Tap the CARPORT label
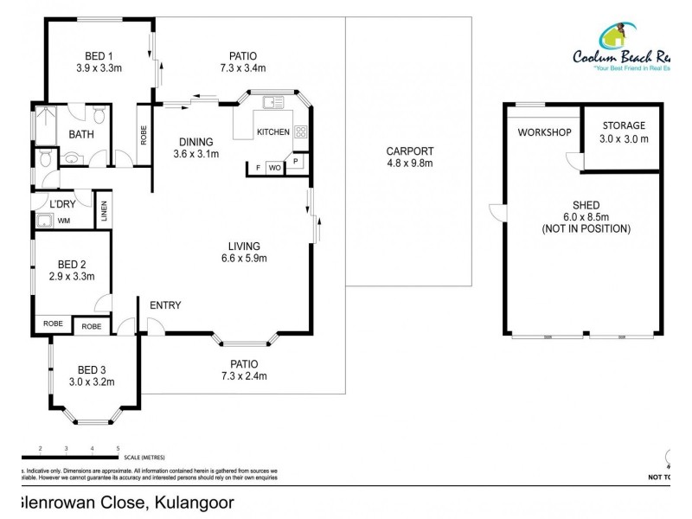point(409,151)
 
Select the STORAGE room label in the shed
point(623,125)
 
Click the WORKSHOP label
point(544,132)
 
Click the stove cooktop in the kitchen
point(302,132)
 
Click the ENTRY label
point(165,305)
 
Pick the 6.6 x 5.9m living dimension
point(244,258)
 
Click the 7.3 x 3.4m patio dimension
point(242,67)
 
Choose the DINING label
point(195,143)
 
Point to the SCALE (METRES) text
point(144,457)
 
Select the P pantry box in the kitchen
point(295,160)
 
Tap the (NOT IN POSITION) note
point(586,229)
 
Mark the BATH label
point(81,134)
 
